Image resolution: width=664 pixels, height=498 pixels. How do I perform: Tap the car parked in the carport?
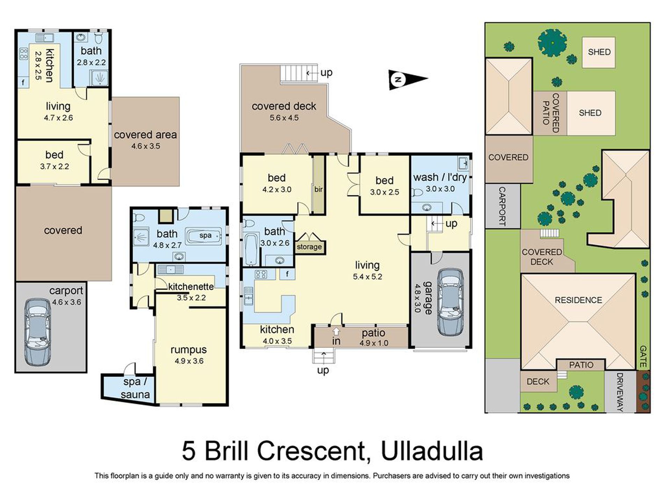click(x=38, y=332)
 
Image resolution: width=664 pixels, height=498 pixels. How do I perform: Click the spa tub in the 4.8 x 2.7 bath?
click(x=204, y=236)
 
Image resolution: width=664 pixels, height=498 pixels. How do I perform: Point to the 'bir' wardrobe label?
click(x=318, y=189)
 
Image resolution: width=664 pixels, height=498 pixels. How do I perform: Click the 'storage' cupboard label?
click(x=309, y=247)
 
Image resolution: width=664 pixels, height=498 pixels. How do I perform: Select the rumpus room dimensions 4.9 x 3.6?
click(x=189, y=361)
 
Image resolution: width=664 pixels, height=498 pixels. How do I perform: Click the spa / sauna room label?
click(x=135, y=388)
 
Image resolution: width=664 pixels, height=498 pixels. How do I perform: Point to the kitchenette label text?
click(x=191, y=287)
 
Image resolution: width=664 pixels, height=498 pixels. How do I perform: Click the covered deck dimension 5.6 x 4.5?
click(x=284, y=118)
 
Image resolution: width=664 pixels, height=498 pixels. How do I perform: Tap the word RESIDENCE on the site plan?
click(x=578, y=300)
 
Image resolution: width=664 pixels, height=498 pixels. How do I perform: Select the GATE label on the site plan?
click(x=643, y=356)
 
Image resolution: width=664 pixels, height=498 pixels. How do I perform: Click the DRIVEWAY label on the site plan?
click(x=620, y=392)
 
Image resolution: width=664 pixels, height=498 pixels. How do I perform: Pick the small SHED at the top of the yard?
click(x=599, y=52)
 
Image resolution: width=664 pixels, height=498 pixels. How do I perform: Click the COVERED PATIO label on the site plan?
click(x=550, y=113)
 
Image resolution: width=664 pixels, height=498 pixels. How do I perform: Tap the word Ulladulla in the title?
click(x=432, y=451)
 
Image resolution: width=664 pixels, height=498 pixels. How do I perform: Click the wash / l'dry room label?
click(x=440, y=178)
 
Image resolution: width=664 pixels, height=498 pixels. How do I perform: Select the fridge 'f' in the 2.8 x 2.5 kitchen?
click(x=23, y=82)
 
